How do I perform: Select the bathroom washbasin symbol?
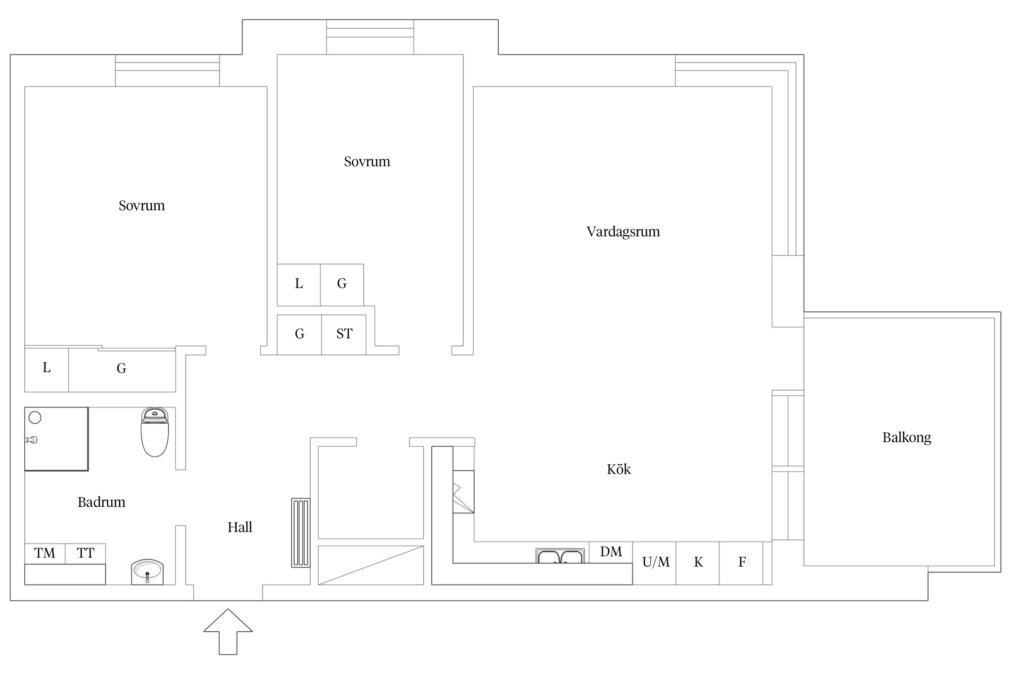click(147, 572)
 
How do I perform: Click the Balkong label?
click(906, 437)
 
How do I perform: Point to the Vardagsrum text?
click(623, 231)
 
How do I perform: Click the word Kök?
click(619, 469)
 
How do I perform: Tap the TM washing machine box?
click(45, 553)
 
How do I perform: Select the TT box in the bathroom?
click(85, 553)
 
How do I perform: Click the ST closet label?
click(344, 334)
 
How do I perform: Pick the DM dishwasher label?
click(611, 551)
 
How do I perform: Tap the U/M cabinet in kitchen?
click(655, 562)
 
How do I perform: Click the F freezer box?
click(742, 562)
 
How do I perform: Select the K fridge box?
click(698, 562)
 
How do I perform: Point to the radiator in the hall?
click(301, 532)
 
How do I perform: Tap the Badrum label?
click(101, 502)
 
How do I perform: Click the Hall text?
click(240, 527)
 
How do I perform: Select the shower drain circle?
click(35, 417)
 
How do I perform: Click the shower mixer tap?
click(31, 439)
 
